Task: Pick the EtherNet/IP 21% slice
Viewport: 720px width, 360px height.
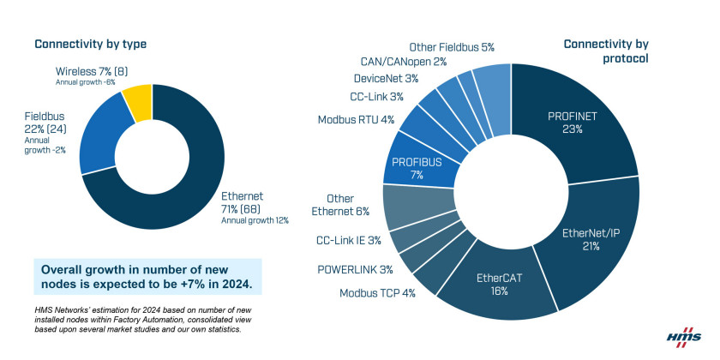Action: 592,239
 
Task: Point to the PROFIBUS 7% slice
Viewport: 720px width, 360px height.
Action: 416,168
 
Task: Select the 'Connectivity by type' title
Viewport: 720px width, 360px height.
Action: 91,44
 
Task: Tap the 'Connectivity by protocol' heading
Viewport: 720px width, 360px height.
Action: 606,51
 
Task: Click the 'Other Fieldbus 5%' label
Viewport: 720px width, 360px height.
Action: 452,47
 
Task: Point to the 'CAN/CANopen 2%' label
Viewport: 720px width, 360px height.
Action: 404,62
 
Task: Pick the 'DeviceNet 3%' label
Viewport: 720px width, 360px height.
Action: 386,79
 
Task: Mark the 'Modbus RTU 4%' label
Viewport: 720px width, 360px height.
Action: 357,120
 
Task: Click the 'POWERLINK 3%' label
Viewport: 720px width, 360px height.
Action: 355,269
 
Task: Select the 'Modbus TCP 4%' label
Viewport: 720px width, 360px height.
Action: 377,293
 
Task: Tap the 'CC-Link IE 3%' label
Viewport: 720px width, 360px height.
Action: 349,240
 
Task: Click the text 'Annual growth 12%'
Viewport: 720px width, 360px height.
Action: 255,221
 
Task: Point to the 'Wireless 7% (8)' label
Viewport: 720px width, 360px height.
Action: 92,72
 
